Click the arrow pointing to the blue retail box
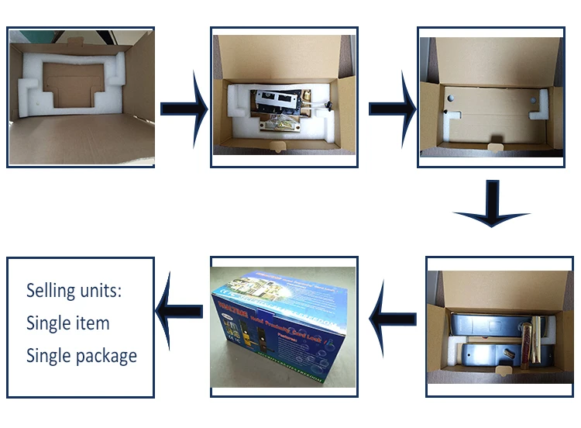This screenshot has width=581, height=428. coord(394,316)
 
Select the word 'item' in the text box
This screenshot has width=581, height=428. coord(91,323)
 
